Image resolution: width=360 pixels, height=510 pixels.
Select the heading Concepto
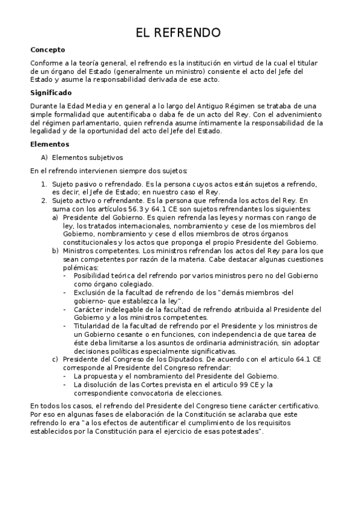(47, 50)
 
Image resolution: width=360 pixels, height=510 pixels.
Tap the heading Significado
(51, 93)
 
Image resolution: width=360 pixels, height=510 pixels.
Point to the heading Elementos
(50, 144)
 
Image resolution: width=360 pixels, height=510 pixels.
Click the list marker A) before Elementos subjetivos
(44, 158)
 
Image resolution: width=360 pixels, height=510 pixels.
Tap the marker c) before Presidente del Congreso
(55, 359)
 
